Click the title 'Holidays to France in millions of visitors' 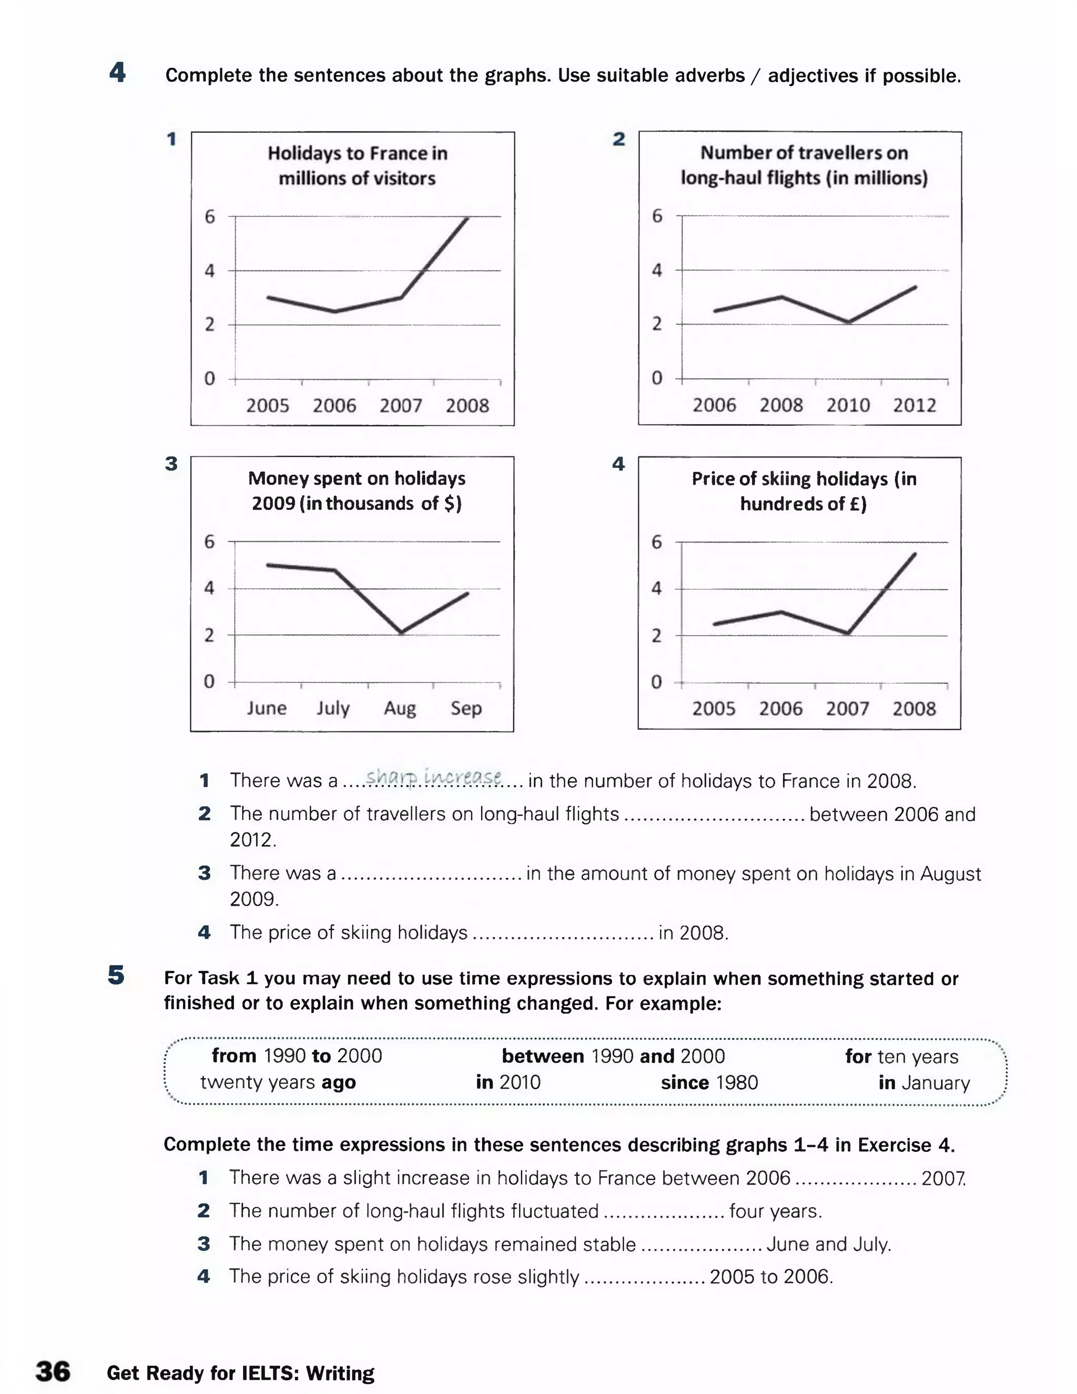(357, 165)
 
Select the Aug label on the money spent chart (400, 708)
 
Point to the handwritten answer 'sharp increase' (433, 777)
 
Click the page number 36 (53, 1371)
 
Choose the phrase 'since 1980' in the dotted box (709, 1082)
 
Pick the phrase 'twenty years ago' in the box (278, 1082)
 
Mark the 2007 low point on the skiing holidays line (848, 633)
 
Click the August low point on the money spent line (401, 632)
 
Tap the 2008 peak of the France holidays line (468, 219)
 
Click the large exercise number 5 (116, 975)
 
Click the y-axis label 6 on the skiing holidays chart (656, 542)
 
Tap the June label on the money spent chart (267, 708)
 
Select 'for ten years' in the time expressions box (901, 1056)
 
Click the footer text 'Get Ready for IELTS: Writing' (240, 1373)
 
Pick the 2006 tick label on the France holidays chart (334, 405)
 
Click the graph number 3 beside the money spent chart (171, 464)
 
